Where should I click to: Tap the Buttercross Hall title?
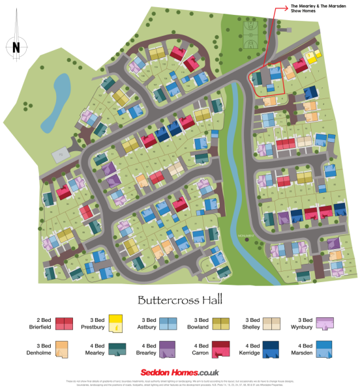pyautogui.click(x=179, y=300)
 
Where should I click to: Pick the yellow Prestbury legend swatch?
pyautogui.click(x=116, y=323)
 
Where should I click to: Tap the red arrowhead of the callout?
pyautogui.click(x=286, y=8)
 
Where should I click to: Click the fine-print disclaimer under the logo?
pyautogui.click(x=180, y=383)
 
